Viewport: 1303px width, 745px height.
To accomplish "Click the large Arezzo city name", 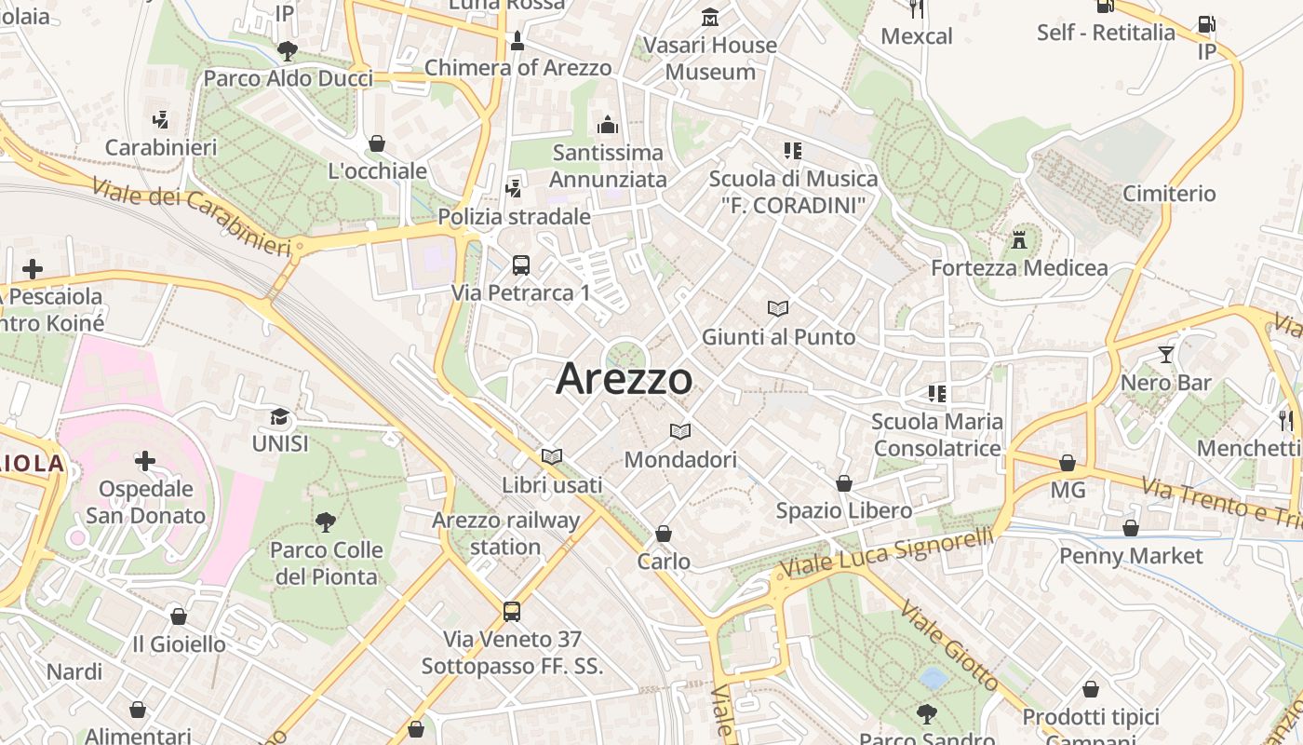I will (x=625, y=379).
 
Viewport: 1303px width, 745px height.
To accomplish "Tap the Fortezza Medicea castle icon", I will (x=1019, y=239).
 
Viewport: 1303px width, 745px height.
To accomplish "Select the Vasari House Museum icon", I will (x=711, y=17).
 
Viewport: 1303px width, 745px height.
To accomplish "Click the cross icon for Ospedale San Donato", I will (x=144, y=461).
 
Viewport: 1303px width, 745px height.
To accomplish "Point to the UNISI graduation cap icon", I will (x=279, y=416).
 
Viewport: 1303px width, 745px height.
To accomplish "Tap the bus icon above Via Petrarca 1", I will (x=521, y=264).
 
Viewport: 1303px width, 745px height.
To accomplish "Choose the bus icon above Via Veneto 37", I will (x=512, y=611).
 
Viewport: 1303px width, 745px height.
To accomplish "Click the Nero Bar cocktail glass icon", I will (x=1165, y=354).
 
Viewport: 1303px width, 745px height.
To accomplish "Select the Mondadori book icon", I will (x=680, y=431).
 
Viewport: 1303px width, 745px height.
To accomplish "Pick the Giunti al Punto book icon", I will (x=778, y=308).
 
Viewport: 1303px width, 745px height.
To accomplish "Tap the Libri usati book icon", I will (x=552, y=456).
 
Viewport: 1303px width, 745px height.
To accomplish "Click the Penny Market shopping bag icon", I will (x=1131, y=529).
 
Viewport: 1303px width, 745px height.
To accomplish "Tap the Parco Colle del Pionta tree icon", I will (x=325, y=521).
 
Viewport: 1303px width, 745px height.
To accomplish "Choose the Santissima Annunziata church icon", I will (x=608, y=124).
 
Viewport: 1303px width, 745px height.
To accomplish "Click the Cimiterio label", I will (x=1169, y=194).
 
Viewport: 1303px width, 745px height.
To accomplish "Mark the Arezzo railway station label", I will (x=506, y=534).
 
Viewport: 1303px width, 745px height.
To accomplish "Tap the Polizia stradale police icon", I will (x=513, y=189).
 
